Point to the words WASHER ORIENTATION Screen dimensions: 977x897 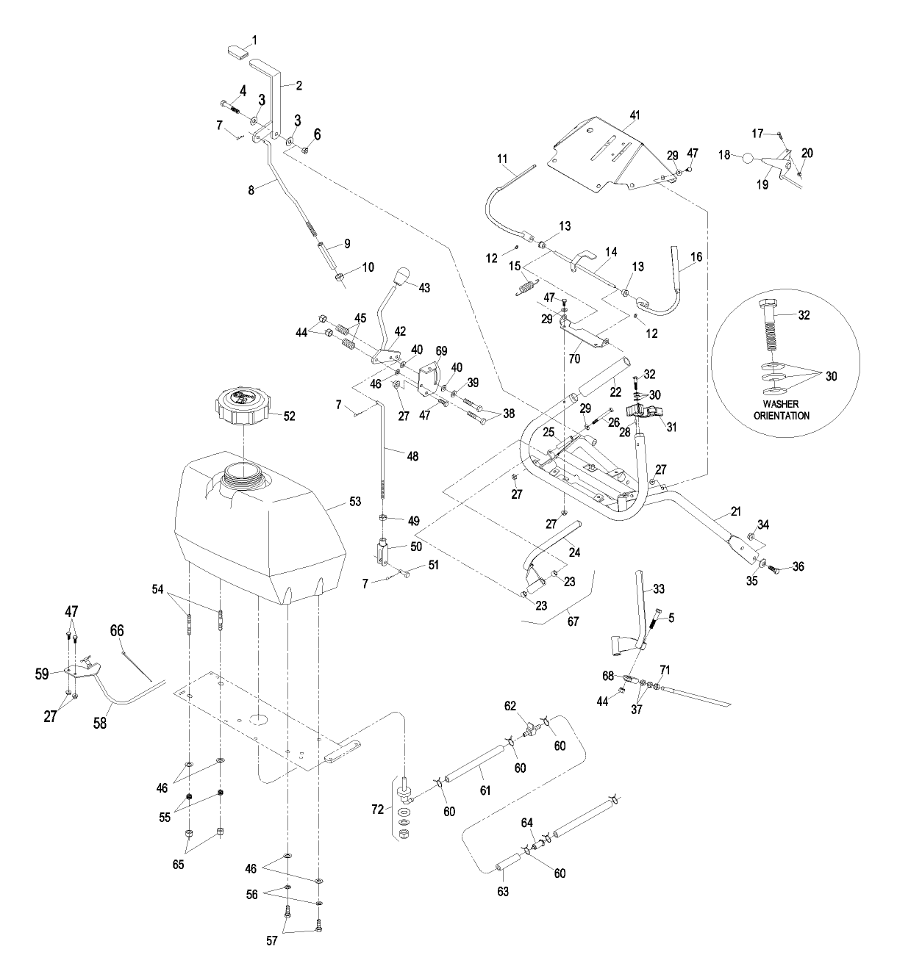[785, 410]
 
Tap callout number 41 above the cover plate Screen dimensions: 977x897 [635, 115]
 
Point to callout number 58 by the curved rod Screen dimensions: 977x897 [100, 722]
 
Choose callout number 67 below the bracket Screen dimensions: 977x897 [573, 621]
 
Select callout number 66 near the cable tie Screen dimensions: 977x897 [117, 630]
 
